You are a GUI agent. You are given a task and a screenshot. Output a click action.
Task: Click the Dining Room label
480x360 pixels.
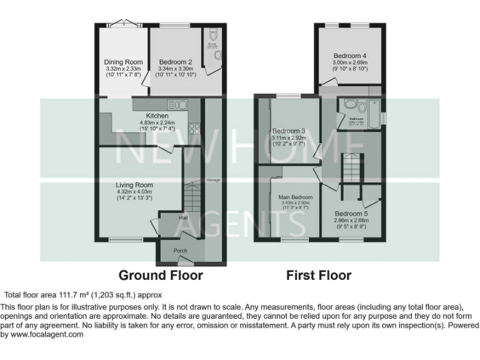123,62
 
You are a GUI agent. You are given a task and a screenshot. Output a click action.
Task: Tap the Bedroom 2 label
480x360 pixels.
175,62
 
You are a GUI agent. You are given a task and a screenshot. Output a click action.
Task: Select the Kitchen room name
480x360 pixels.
157,116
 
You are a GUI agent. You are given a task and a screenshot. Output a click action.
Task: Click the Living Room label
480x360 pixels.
134,185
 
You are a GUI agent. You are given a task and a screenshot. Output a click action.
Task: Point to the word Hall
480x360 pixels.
184,218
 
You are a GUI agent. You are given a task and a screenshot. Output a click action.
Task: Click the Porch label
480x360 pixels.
180,251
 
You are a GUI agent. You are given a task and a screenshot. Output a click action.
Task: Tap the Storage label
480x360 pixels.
214,180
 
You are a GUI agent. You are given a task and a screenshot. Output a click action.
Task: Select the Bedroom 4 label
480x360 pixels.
350,56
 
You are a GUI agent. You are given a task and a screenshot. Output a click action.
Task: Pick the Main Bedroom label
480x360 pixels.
296,197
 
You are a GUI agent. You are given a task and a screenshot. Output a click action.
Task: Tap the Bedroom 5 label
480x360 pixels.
351,213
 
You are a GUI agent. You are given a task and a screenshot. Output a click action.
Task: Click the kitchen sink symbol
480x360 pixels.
173,104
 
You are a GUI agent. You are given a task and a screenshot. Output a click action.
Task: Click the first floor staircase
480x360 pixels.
352,168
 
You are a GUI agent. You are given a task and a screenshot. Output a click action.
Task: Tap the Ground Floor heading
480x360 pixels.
161,275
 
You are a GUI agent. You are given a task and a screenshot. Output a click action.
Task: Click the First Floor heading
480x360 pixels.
319,275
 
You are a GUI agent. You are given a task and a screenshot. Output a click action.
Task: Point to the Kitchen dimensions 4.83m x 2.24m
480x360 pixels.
157,123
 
